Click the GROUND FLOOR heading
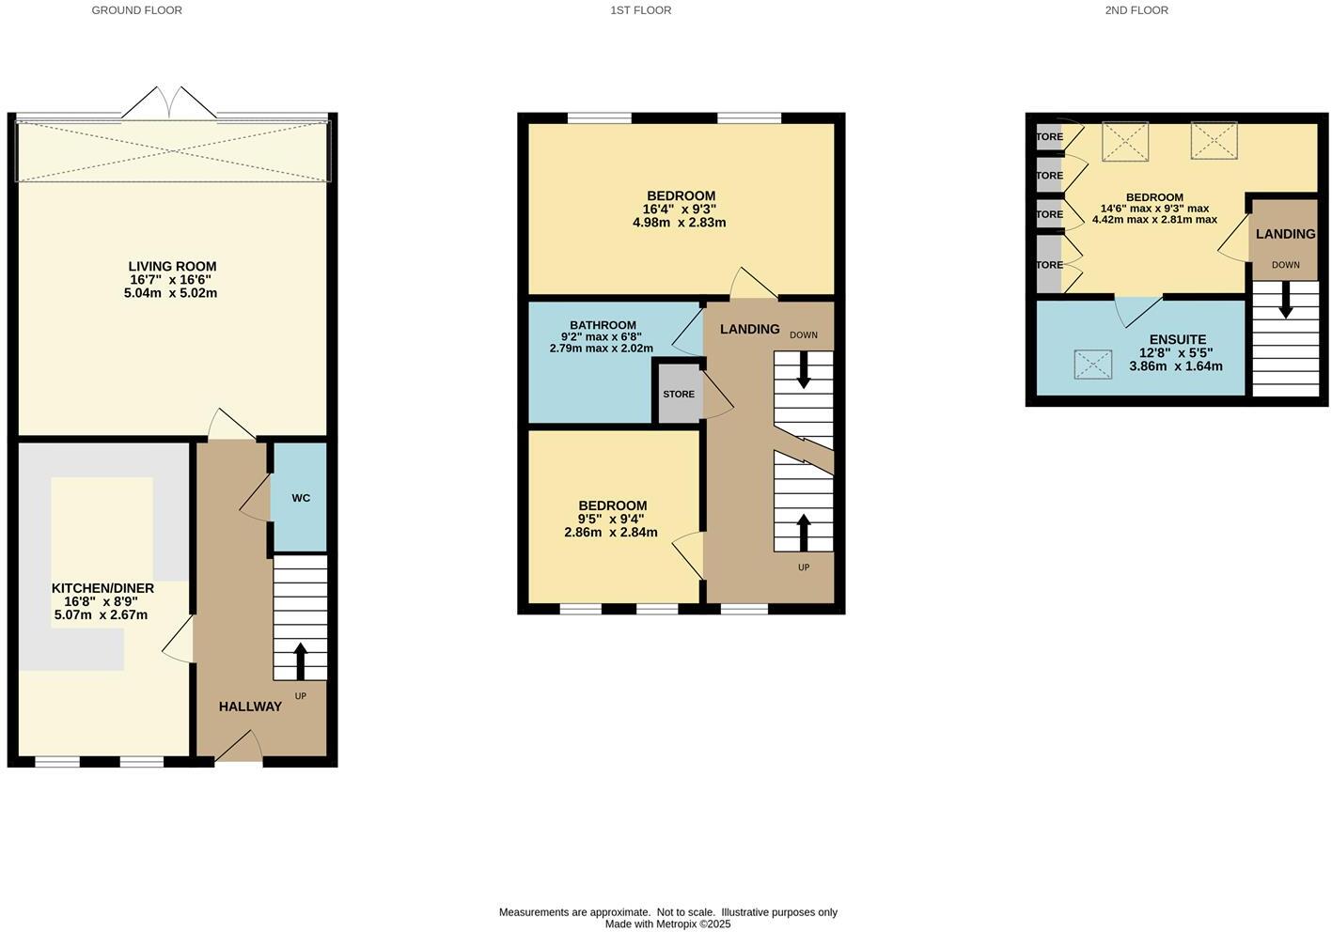(136, 10)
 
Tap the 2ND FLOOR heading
(1136, 10)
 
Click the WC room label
(301, 498)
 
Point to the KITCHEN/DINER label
(102, 588)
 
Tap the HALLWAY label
(250, 707)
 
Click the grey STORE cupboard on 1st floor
(679, 394)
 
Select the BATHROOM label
(603, 325)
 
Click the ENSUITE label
(1177, 340)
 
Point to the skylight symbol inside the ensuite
(1091, 365)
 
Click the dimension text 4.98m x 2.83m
(679, 223)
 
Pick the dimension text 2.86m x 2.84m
(610, 533)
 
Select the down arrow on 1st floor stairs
(803, 370)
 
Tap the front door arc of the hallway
(239, 748)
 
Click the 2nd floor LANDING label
(1285, 234)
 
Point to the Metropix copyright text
(667, 924)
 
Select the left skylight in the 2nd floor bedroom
(1124, 141)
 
